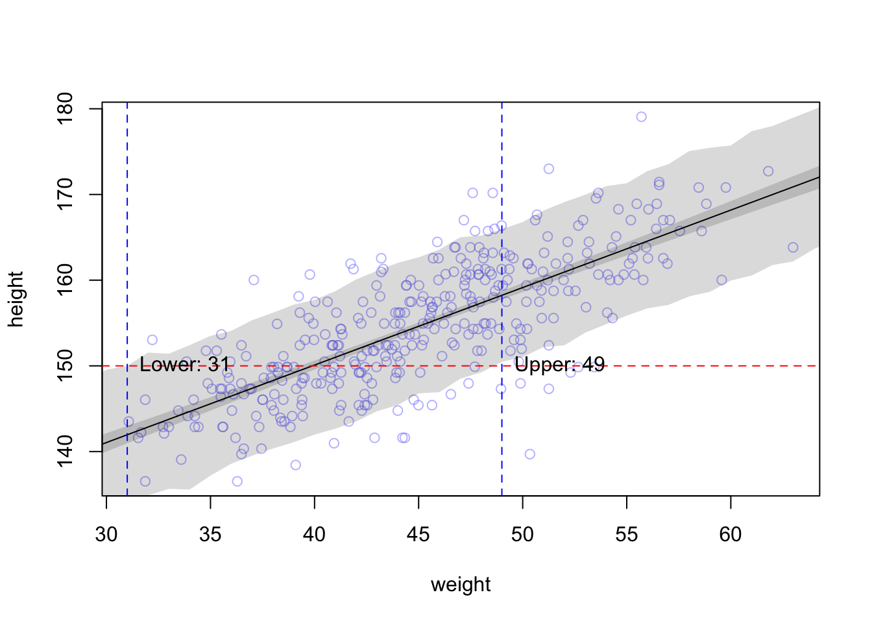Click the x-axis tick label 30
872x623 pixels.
tap(106, 535)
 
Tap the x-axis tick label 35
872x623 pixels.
tap(210, 535)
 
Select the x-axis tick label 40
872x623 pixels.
tap(315, 535)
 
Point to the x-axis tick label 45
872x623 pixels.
tap(418, 535)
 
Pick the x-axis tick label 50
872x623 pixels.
tap(522, 535)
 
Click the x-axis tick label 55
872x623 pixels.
tap(627, 535)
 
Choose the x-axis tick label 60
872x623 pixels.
tap(731, 535)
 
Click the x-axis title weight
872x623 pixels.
tap(461, 585)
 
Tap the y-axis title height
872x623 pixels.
tap(16, 299)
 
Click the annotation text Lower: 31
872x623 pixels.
tap(185, 365)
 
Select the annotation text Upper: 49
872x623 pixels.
tap(559, 365)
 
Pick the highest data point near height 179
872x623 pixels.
tap(641, 117)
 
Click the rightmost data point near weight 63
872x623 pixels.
tap(793, 247)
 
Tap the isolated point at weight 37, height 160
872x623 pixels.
tap(254, 280)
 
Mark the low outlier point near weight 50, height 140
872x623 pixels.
tap(529, 454)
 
